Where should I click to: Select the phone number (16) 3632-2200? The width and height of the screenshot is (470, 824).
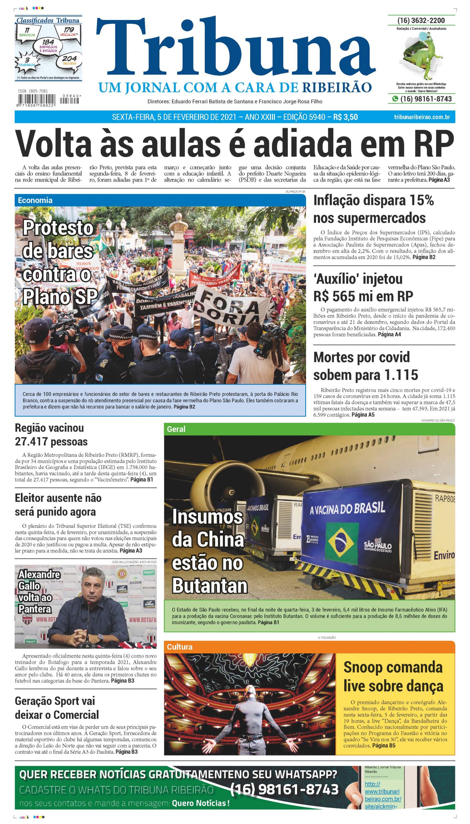click(421, 21)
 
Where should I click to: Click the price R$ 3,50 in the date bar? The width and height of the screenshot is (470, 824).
click(346, 117)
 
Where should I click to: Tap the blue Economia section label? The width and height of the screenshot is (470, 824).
click(35, 200)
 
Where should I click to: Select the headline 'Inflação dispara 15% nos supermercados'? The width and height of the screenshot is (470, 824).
click(374, 210)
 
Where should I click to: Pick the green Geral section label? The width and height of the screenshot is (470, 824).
click(176, 429)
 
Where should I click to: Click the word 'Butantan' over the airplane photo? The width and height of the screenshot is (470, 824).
click(210, 585)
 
